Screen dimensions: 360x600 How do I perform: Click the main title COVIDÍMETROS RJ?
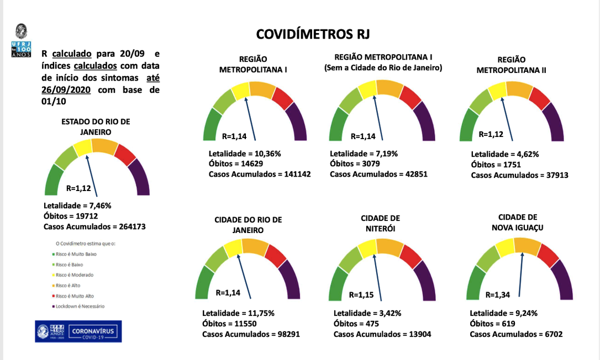click(x=313, y=34)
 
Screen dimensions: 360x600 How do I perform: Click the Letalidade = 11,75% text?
click(x=238, y=313)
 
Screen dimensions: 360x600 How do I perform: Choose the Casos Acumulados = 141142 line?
click(x=260, y=174)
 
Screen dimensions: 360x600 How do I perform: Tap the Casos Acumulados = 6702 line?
click(x=516, y=334)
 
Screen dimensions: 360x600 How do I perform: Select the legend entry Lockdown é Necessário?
click(x=80, y=306)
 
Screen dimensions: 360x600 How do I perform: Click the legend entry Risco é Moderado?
click(x=75, y=274)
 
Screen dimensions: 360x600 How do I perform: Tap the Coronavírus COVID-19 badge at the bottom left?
click(x=78, y=331)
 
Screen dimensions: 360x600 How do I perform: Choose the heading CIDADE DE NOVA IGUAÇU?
click(x=517, y=222)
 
